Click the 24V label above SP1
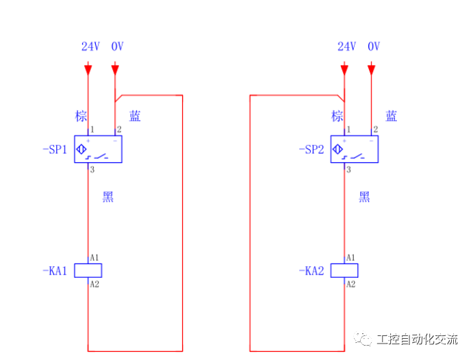[90, 47]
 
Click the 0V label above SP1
[117, 47]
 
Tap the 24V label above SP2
[346, 47]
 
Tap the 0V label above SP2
[374, 47]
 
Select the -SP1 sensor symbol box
[98, 149]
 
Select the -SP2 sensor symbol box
[355, 149]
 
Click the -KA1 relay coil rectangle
[88, 270]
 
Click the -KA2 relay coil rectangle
[344, 270]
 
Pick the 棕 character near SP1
[81, 116]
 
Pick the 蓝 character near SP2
[391, 116]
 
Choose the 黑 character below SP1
[108, 197]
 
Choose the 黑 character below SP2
[364, 197]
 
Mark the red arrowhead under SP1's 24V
[88, 69]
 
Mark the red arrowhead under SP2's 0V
[371, 69]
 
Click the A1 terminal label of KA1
[95, 257]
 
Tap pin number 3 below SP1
[92, 169]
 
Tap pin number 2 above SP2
[375, 129]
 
